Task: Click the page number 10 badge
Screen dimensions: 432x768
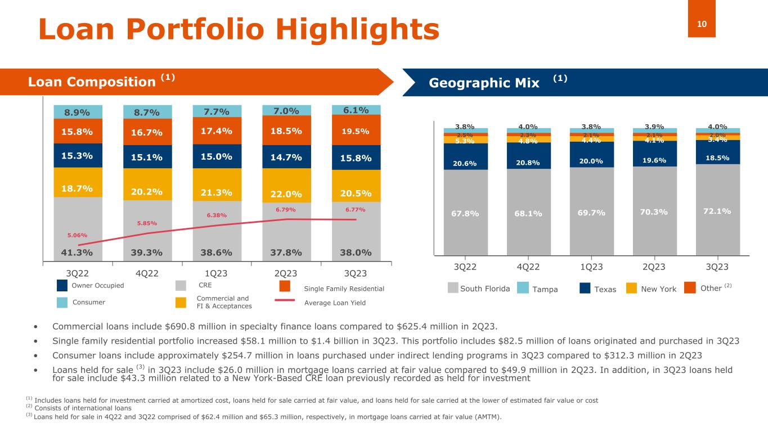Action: [x=702, y=23]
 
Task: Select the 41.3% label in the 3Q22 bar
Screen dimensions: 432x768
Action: [x=78, y=252]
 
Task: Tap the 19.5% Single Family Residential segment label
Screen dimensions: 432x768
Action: [x=356, y=132]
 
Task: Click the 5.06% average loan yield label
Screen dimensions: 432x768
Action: [x=78, y=235]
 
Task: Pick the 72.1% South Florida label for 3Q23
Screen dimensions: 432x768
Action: [x=716, y=211]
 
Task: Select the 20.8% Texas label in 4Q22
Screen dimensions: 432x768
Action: [x=528, y=163]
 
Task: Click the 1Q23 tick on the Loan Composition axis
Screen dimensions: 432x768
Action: [x=217, y=273]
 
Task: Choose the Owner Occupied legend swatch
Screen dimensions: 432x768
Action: [x=62, y=286]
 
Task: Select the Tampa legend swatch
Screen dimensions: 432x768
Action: [x=523, y=289]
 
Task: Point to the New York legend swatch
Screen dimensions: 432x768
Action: [x=632, y=289]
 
